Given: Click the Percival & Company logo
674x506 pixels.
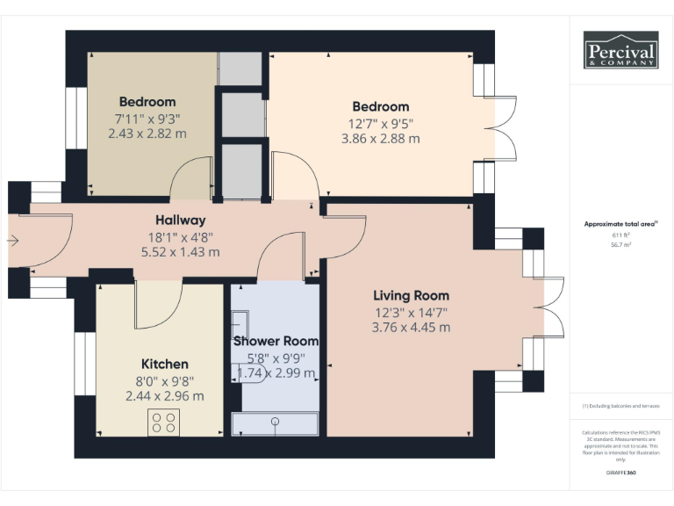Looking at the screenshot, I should click(x=620, y=50).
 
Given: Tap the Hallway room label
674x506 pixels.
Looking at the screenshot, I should click(x=181, y=220).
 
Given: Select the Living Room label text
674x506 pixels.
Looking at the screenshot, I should click(x=411, y=295).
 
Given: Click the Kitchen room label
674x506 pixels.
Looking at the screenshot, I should click(x=165, y=364).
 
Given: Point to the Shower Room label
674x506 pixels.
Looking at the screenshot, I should click(x=276, y=341).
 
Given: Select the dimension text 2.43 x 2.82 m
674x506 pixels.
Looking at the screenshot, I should click(x=147, y=134).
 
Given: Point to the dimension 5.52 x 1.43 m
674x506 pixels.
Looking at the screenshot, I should click(x=181, y=251).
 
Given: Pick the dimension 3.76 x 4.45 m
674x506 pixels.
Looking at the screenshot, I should click(x=411, y=327).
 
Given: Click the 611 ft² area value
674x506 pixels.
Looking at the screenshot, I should click(x=620, y=235).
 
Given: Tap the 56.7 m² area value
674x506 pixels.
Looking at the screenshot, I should click(x=620, y=246).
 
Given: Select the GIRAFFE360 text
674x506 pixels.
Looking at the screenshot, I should click(x=620, y=473).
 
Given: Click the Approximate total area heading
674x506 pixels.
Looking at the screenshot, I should click(x=620, y=224).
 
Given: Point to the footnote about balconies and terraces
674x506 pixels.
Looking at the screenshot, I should click(x=620, y=406).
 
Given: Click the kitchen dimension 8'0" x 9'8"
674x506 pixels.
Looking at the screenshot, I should click(x=165, y=380).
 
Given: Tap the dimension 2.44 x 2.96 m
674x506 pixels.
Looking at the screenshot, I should click(x=165, y=395).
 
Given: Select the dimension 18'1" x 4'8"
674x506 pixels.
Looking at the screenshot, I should click(x=181, y=235).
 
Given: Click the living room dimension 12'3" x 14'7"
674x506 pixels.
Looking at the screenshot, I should click(x=411, y=311).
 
